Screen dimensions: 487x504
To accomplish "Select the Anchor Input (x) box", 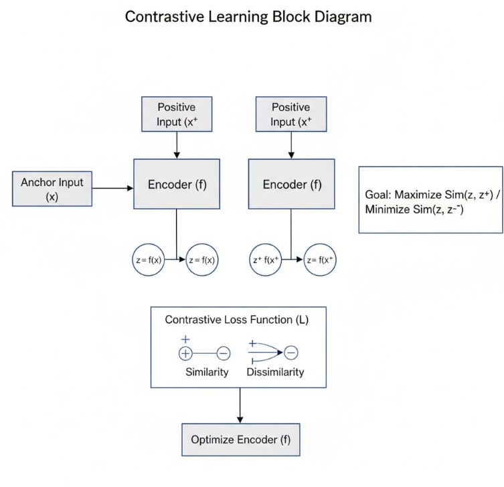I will [52, 188].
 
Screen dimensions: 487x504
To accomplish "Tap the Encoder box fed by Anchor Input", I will [177, 185].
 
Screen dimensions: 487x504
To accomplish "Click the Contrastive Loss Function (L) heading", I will [237, 320].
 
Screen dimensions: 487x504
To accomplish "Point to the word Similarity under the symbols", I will [207, 372].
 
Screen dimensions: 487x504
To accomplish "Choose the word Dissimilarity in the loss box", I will [274, 372].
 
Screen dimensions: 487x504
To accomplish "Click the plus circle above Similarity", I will [185, 353].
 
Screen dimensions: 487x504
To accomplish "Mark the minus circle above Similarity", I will [224, 353].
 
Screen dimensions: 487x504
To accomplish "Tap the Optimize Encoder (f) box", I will [240, 440].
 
